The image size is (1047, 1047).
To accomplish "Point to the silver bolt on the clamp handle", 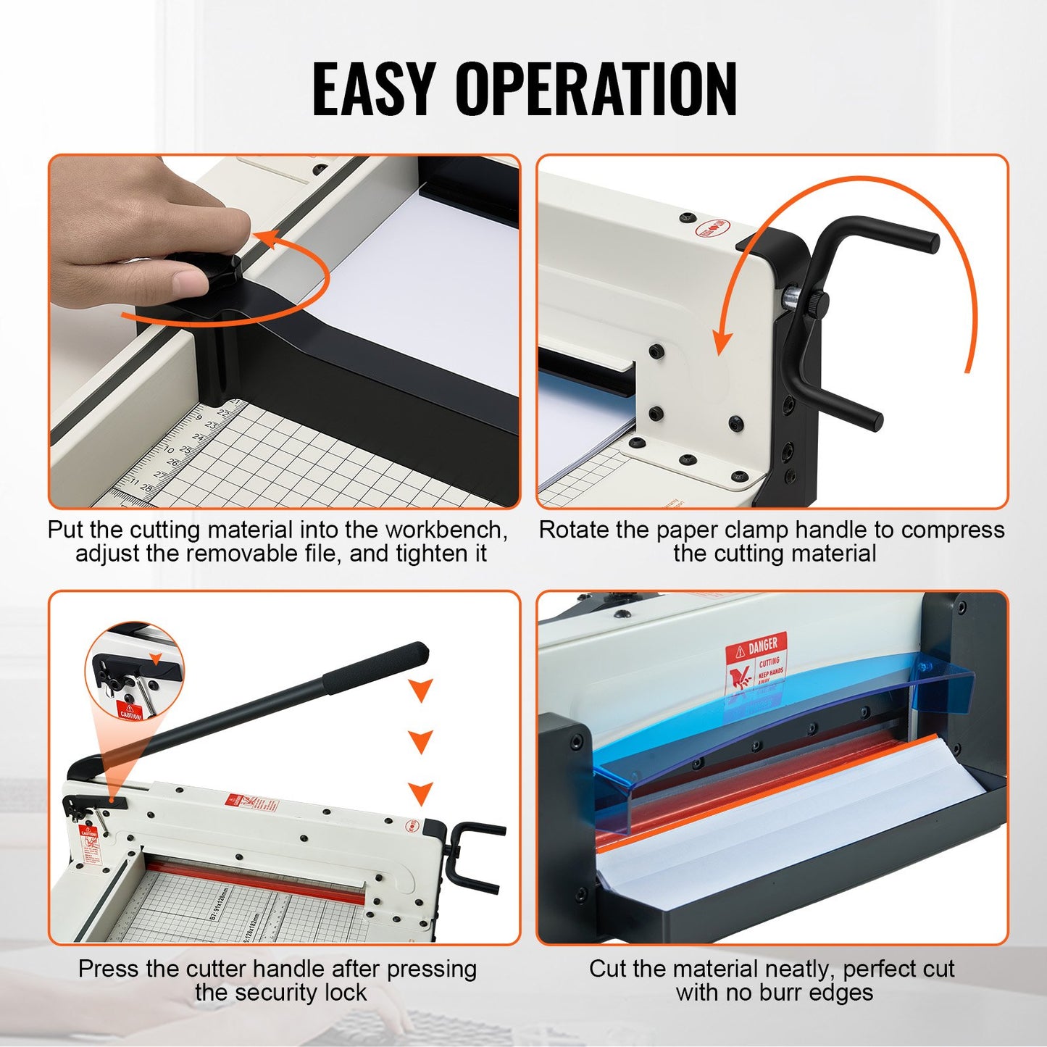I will (792, 296).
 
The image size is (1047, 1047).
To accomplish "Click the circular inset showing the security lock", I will (135, 671).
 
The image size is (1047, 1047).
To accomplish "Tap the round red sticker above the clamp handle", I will (712, 229).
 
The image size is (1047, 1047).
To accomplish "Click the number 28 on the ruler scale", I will (145, 488).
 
